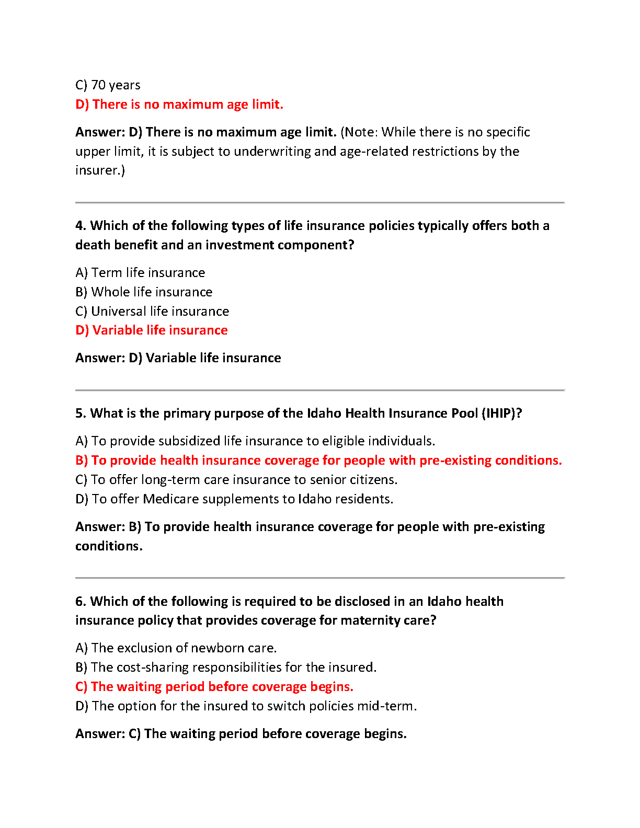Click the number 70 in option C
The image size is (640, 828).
point(98,85)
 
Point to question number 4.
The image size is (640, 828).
point(81,226)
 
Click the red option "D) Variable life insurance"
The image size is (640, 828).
point(152,330)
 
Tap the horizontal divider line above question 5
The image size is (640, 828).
point(320,390)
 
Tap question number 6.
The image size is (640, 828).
point(81,602)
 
